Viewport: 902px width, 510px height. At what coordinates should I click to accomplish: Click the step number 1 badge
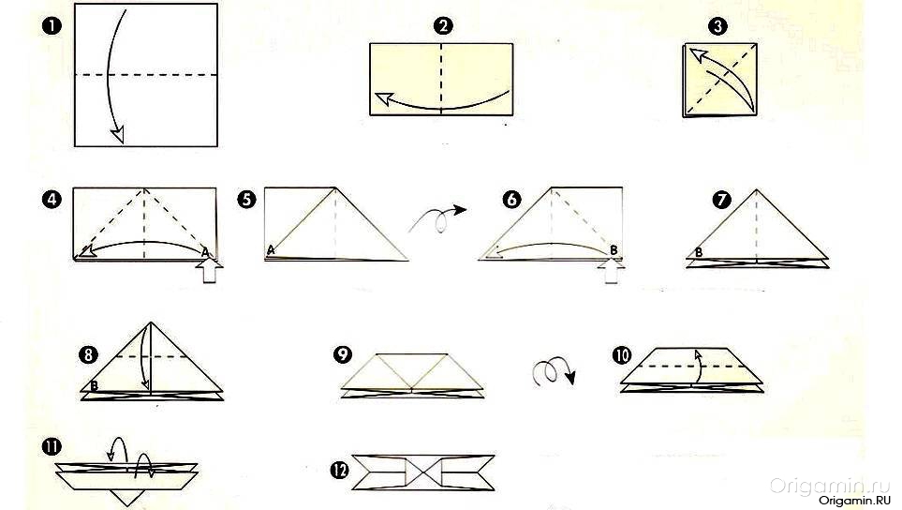point(52,26)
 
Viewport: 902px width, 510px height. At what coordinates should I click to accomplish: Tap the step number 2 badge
point(443,26)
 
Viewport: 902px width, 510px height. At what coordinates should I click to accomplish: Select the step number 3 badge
point(717,26)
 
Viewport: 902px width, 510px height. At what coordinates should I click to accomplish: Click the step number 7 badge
point(721,200)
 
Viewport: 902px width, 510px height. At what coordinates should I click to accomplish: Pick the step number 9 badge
point(343,354)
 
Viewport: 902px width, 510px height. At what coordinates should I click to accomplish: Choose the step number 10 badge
point(622,355)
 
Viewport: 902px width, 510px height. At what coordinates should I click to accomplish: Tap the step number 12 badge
point(340,471)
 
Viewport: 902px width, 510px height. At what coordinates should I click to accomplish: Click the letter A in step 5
point(271,249)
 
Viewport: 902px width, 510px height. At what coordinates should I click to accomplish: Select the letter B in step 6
point(614,250)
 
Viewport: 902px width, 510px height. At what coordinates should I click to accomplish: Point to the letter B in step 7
point(699,252)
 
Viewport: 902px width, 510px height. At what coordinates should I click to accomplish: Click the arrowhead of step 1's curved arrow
point(118,135)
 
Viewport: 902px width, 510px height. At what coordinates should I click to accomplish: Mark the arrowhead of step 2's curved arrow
point(383,99)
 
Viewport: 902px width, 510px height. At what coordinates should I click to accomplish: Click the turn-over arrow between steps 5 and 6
point(438,218)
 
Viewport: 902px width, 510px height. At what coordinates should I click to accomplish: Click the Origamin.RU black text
point(854,501)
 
